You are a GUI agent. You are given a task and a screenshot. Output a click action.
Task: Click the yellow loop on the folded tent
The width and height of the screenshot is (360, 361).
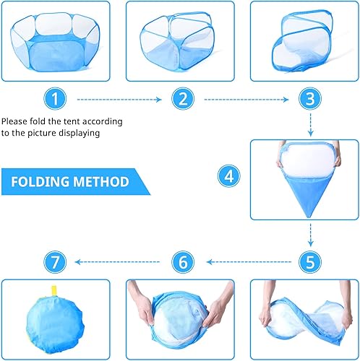(53, 292)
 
